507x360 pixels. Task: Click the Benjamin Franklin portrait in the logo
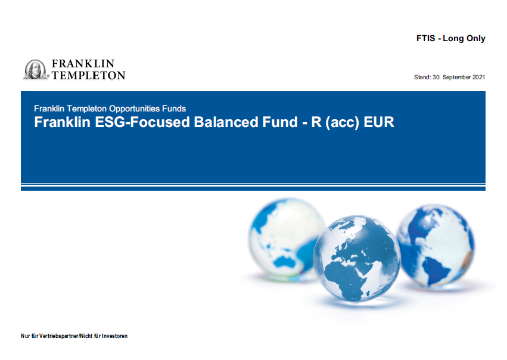pyautogui.click(x=35, y=70)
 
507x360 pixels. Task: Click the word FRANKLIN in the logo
pyautogui.click(x=83, y=63)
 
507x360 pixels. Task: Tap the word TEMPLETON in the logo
pyautogui.click(x=89, y=75)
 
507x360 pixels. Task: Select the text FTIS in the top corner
pyautogui.click(x=425, y=38)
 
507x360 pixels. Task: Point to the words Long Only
pyautogui.click(x=464, y=39)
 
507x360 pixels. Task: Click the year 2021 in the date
pyautogui.click(x=478, y=77)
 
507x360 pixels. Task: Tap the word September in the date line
pyautogui.click(x=456, y=77)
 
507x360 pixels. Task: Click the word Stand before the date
pyautogui.click(x=422, y=77)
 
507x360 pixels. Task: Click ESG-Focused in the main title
pyautogui.click(x=142, y=122)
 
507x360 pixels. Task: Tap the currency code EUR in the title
pyautogui.click(x=379, y=122)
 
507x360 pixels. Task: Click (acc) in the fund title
pyautogui.click(x=342, y=123)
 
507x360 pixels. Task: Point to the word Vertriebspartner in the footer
pyautogui.click(x=58, y=336)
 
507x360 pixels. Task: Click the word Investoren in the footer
pyautogui.click(x=115, y=336)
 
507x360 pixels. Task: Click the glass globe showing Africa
pyautogui.click(x=357, y=259)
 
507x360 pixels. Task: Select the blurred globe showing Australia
pyautogui.click(x=287, y=240)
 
